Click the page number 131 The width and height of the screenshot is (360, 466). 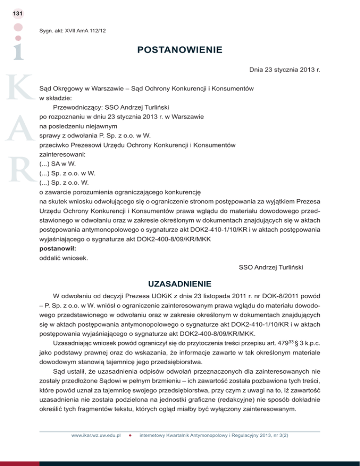pos(18,14)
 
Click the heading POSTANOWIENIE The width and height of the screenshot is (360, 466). pos(180,50)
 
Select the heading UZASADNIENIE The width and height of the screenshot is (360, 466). pos(180,284)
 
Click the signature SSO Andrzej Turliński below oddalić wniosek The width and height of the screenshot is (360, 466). pos(271,268)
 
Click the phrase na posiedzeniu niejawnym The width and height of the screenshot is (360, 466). pos(77,126)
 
